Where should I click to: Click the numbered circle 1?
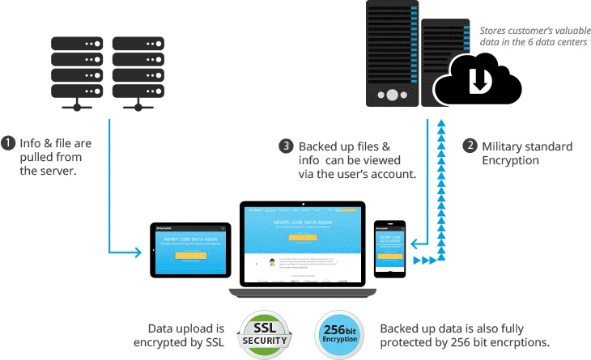coord(9,144)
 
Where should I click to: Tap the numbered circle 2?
coord(469,146)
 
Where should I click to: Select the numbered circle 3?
coord(285,146)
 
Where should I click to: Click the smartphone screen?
coord(389,246)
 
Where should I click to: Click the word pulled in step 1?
coord(36,159)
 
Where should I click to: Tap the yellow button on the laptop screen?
coord(300,238)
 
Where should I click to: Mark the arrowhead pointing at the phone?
coord(409,240)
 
